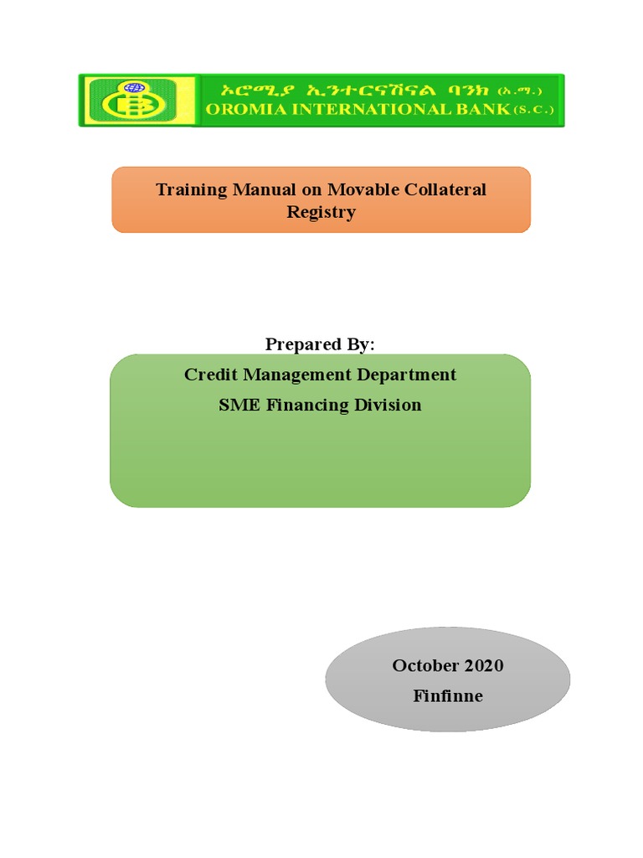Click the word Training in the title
192,189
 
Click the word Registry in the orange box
321,212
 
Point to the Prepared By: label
321,344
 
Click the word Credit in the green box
210,375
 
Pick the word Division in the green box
388,406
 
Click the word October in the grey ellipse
424,666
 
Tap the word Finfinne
448,696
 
